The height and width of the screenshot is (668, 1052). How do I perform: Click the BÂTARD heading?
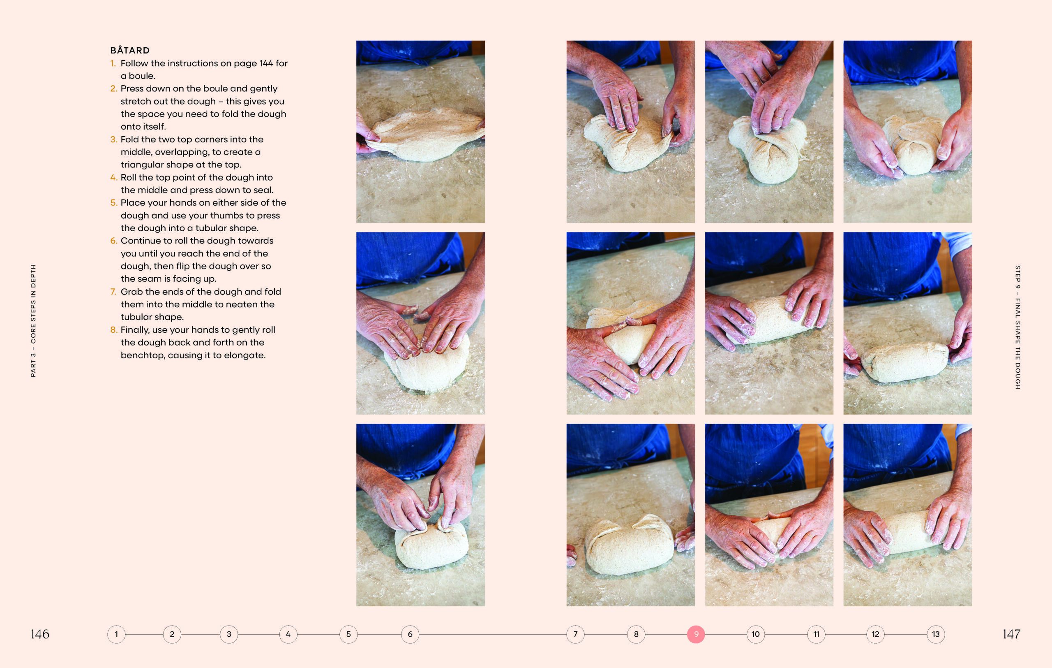click(x=130, y=50)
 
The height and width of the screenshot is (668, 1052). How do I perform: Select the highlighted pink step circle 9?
click(x=696, y=634)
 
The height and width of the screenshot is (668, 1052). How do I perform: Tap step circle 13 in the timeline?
click(x=935, y=634)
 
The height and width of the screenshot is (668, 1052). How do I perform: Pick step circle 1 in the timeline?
click(x=116, y=634)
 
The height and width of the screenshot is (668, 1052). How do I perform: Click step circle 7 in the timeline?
click(x=575, y=634)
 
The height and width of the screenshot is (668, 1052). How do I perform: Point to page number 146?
click(x=40, y=634)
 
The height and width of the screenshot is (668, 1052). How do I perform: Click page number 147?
click(x=1011, y=634)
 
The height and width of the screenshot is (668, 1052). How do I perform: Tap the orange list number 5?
click(x=113, y=202)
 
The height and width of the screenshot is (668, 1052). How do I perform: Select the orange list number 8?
click(x=113, y=329)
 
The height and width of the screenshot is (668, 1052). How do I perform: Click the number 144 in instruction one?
click(x=266, y=63)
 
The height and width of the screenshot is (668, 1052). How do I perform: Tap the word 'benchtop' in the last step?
click(x=143, y=355)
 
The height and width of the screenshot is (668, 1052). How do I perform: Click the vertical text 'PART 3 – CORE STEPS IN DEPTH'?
click(x=33, y=320)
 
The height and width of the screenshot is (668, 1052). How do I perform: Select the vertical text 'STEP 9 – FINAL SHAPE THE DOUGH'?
click(x=1017, y=327)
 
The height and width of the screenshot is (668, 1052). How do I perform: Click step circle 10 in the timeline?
click(x=755, y=634)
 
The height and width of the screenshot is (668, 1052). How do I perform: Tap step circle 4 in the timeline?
click(x=288, y=634)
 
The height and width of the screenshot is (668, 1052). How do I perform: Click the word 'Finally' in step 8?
click(x=134, y=330)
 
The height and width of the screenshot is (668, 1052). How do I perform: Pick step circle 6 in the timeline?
click(x=410, y=634)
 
